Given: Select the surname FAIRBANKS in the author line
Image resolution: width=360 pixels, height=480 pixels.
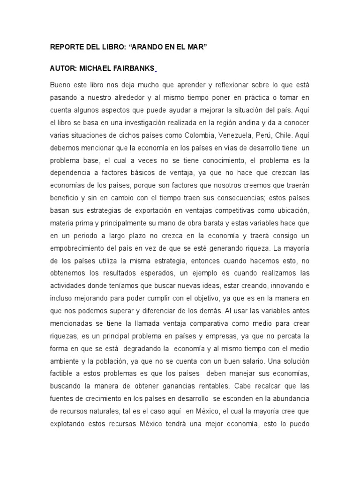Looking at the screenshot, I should point(132,68).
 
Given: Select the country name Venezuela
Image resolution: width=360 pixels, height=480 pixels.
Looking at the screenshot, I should point(228,135).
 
